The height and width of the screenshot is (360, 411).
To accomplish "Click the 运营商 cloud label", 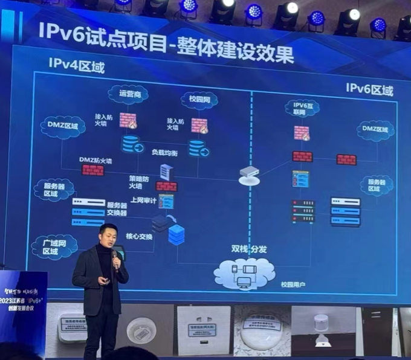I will tap(128, 94).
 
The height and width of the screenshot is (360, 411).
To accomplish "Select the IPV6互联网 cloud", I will tap(301, 109).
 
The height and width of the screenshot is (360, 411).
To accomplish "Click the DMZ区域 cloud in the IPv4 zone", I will tap(63, 126).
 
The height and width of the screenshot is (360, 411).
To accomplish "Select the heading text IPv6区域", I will tap(369, 90).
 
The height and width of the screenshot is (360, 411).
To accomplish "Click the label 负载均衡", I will tap(164, 153).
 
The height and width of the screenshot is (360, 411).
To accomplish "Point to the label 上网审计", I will tap(143, 200).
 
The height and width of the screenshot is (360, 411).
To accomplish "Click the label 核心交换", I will tap(140, 236).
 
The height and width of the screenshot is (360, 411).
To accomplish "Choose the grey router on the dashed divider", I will tap(249, 175).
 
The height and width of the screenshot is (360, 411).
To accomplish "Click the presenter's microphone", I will tap(115, 257).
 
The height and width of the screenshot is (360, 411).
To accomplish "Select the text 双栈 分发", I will tap(248, 248).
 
